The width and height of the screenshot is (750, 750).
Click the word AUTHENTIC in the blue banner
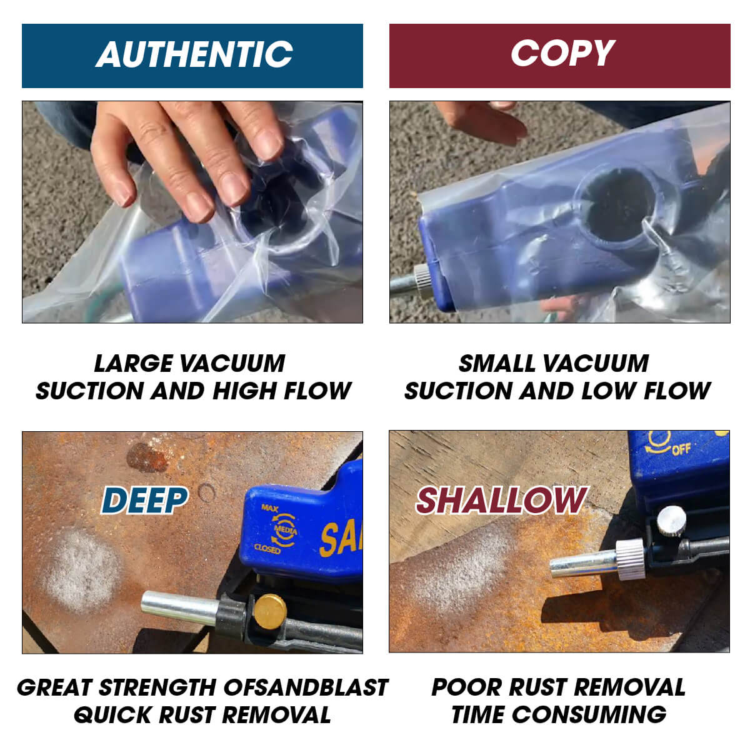pos(194,54)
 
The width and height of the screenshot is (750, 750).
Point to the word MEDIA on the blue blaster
pos(285,530)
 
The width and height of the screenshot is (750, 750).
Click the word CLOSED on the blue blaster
pos(267,549)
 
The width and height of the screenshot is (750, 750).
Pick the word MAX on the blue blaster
pos(269,508)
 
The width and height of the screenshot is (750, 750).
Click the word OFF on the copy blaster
pos(681,450)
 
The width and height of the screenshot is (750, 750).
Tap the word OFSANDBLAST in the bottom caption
pos(306,687)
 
